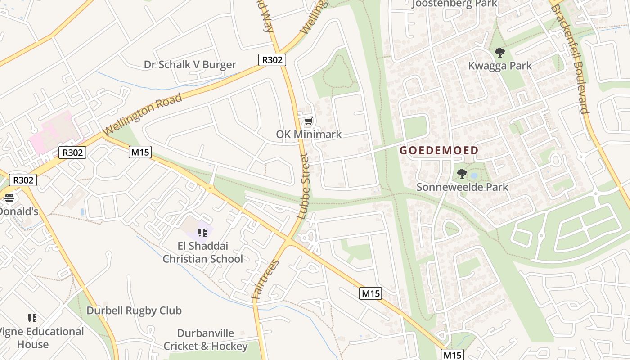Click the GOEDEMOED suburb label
click(439, 150)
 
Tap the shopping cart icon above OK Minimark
click(308, 121)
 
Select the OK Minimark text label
click(309, 134)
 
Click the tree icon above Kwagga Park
click(499, 53)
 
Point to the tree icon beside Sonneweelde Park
click(462, 173)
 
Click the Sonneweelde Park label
click(462, 187)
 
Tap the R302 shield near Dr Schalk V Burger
click(272, 60)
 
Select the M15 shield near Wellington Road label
click(140, 152)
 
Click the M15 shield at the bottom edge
click(452, 355)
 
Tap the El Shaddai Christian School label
click(202, 252)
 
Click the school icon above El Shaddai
click(202, 232)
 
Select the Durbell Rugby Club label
click(134, 310)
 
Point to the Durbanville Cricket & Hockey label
click(206, 340)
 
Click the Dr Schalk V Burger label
click(190, 64)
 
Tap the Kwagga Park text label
click(500, 66)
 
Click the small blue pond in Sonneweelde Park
click(474, 175)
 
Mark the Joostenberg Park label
click(454, 4)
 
